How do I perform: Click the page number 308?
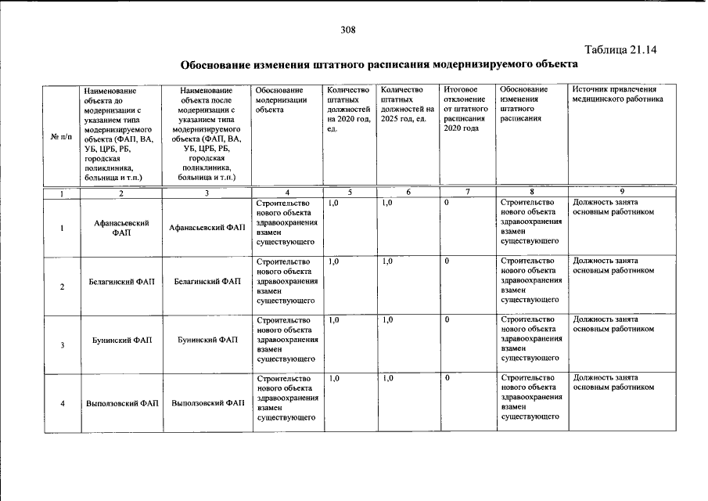(348, 31)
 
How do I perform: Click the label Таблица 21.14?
(618, 49)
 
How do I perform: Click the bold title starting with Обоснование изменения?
(379, 63)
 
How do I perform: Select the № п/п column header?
(60, 137)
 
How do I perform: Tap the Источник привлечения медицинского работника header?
(618, 95)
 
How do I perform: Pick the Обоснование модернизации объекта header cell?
(279, 100)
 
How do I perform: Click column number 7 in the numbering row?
(467, 193)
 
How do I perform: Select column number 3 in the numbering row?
(207, 193)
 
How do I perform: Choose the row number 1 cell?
(61, 229)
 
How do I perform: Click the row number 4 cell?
(61, 403)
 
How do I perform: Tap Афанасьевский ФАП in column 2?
(121, 228)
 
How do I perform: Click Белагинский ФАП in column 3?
(207, 280)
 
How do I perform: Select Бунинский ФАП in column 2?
(121, 340)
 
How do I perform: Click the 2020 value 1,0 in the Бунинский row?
(334, 319)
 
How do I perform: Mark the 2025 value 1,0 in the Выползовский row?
(387, 378)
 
